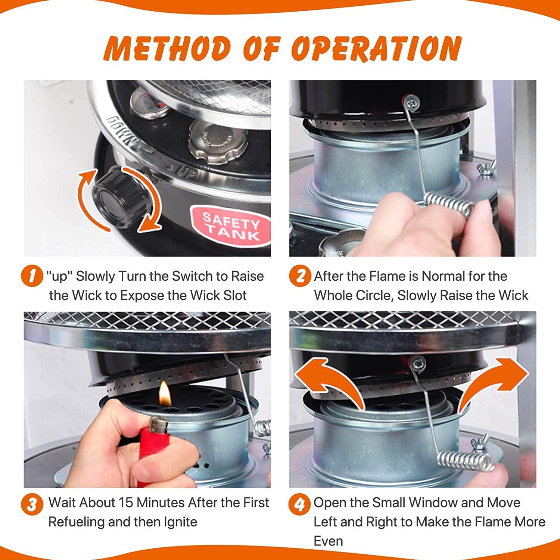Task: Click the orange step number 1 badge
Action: pos(31,277)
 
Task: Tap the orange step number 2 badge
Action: pos(299,276)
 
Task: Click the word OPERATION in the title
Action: pos(377,48)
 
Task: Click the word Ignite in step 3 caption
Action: pos(180,522)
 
